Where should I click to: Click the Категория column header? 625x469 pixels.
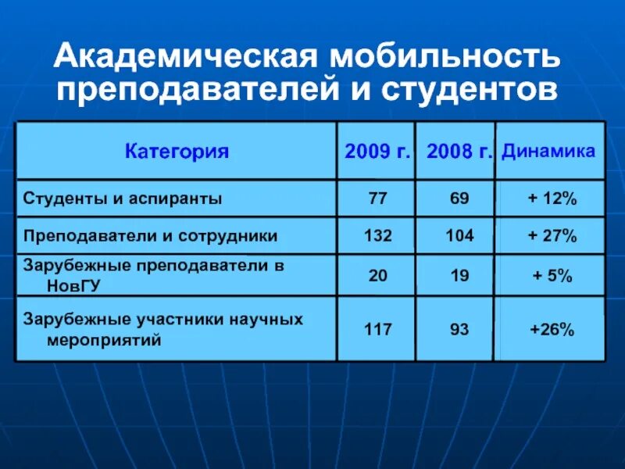177,152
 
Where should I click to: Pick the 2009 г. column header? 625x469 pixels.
377,152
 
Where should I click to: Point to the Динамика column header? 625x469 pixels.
548,151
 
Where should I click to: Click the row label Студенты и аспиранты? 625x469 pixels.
123,199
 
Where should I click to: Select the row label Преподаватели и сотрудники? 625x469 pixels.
151,234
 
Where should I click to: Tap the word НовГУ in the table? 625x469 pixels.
75,286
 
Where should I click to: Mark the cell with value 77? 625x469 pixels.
377,199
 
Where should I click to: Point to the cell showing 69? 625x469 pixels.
459,199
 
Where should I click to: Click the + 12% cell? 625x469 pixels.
552,199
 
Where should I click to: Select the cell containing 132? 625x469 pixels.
377,235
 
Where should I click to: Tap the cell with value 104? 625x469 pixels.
459,235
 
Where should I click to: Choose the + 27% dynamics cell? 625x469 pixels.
552,235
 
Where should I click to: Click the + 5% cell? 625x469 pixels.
552,276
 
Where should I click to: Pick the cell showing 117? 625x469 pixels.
377,330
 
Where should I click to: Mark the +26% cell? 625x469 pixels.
552,330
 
